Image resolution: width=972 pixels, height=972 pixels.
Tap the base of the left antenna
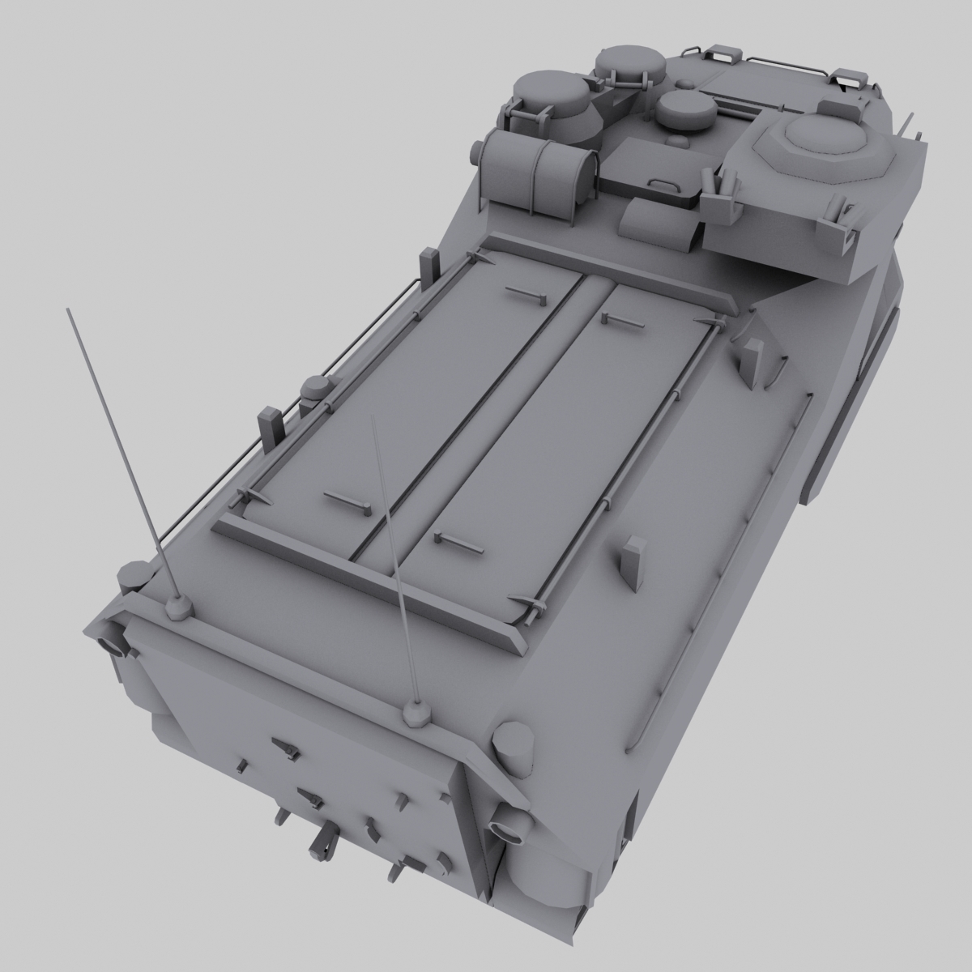click(177, 605)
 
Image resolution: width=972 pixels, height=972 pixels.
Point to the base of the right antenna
click(416, 713)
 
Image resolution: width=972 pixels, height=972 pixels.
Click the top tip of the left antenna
click(67, 309)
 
